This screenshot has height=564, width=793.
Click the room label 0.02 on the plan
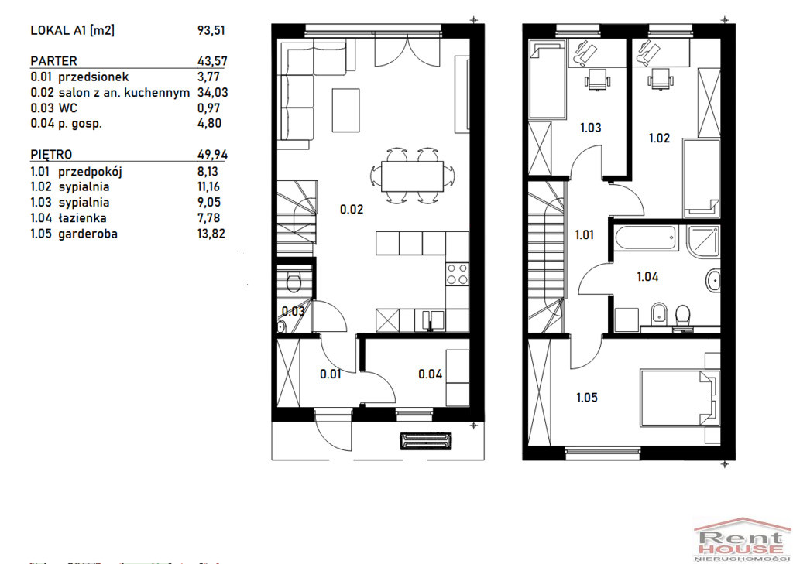tap(352, 209)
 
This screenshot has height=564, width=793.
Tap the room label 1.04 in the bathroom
tap(647, 276)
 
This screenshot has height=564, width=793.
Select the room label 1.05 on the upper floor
tap(587, 398)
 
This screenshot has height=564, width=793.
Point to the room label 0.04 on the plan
tap(431, 374)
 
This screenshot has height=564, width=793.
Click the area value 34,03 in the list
tap(212, 93)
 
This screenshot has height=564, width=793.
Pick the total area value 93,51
tap(211, 30)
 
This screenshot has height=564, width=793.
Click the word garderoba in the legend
tap(88, 234)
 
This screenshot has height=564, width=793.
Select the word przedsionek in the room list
tap(94, 77)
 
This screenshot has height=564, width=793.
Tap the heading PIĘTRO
tap(51, 155)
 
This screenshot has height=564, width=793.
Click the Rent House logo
tap(742, 540)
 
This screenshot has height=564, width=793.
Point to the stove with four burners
tap(457, 274)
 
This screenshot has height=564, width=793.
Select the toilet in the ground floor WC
tap(293, 281)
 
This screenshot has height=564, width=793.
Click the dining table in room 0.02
tap(412, 176)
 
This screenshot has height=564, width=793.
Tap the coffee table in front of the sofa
tap(345, 110)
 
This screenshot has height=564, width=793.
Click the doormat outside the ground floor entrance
tap(425, 441)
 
